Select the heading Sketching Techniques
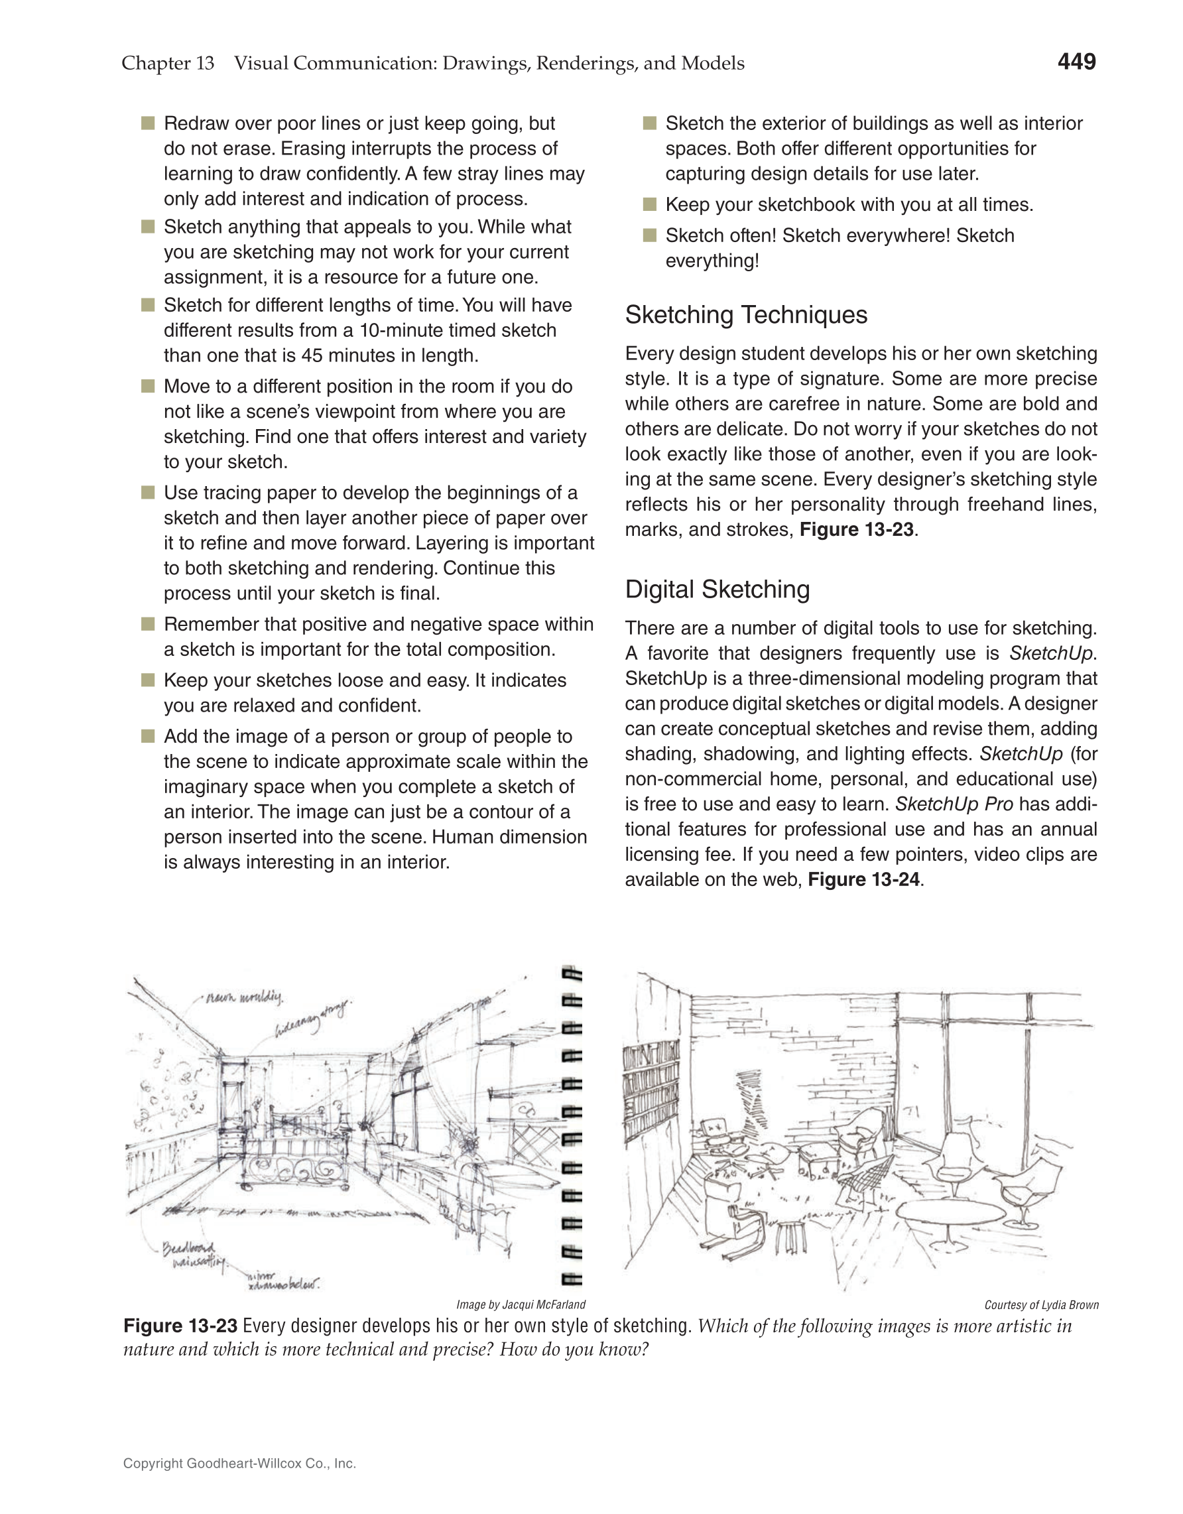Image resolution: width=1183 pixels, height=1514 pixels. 746,316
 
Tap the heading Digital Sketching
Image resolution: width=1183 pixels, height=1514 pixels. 717,590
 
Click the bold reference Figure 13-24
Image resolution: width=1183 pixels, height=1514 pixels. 863,880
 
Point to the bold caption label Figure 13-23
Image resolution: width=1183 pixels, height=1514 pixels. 180,1326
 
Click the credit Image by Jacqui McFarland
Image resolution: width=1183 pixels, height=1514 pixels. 521,1304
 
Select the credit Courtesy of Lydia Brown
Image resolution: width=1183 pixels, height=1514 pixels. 1041,1304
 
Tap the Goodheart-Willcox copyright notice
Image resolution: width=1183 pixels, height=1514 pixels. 239,1464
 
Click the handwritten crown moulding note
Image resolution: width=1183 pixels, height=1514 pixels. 244,997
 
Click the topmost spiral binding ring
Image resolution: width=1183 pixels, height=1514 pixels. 572,974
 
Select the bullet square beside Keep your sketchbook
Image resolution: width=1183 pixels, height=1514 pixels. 649,204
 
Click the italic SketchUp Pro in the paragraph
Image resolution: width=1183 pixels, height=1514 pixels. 954,804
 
